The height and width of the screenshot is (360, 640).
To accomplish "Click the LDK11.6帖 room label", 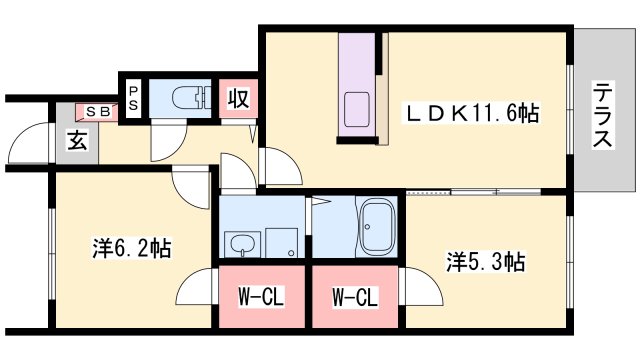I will pyautogui.click(x=472, y=113).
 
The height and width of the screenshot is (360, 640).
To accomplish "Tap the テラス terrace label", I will pyautogui.click(x=602, y=114).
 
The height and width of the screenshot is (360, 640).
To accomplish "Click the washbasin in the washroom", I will pyautogui.click(x=240, y=242).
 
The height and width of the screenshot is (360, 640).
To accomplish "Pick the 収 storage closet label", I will pyautogui.click(x=237, y=100).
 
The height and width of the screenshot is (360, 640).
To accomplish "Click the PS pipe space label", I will pyautogui.click(x=133, y=97).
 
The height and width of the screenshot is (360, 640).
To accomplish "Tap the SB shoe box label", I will pyautogui.click(x=98, y=110).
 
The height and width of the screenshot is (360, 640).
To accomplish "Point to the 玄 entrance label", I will pyautogui.click(x=77, y=140).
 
